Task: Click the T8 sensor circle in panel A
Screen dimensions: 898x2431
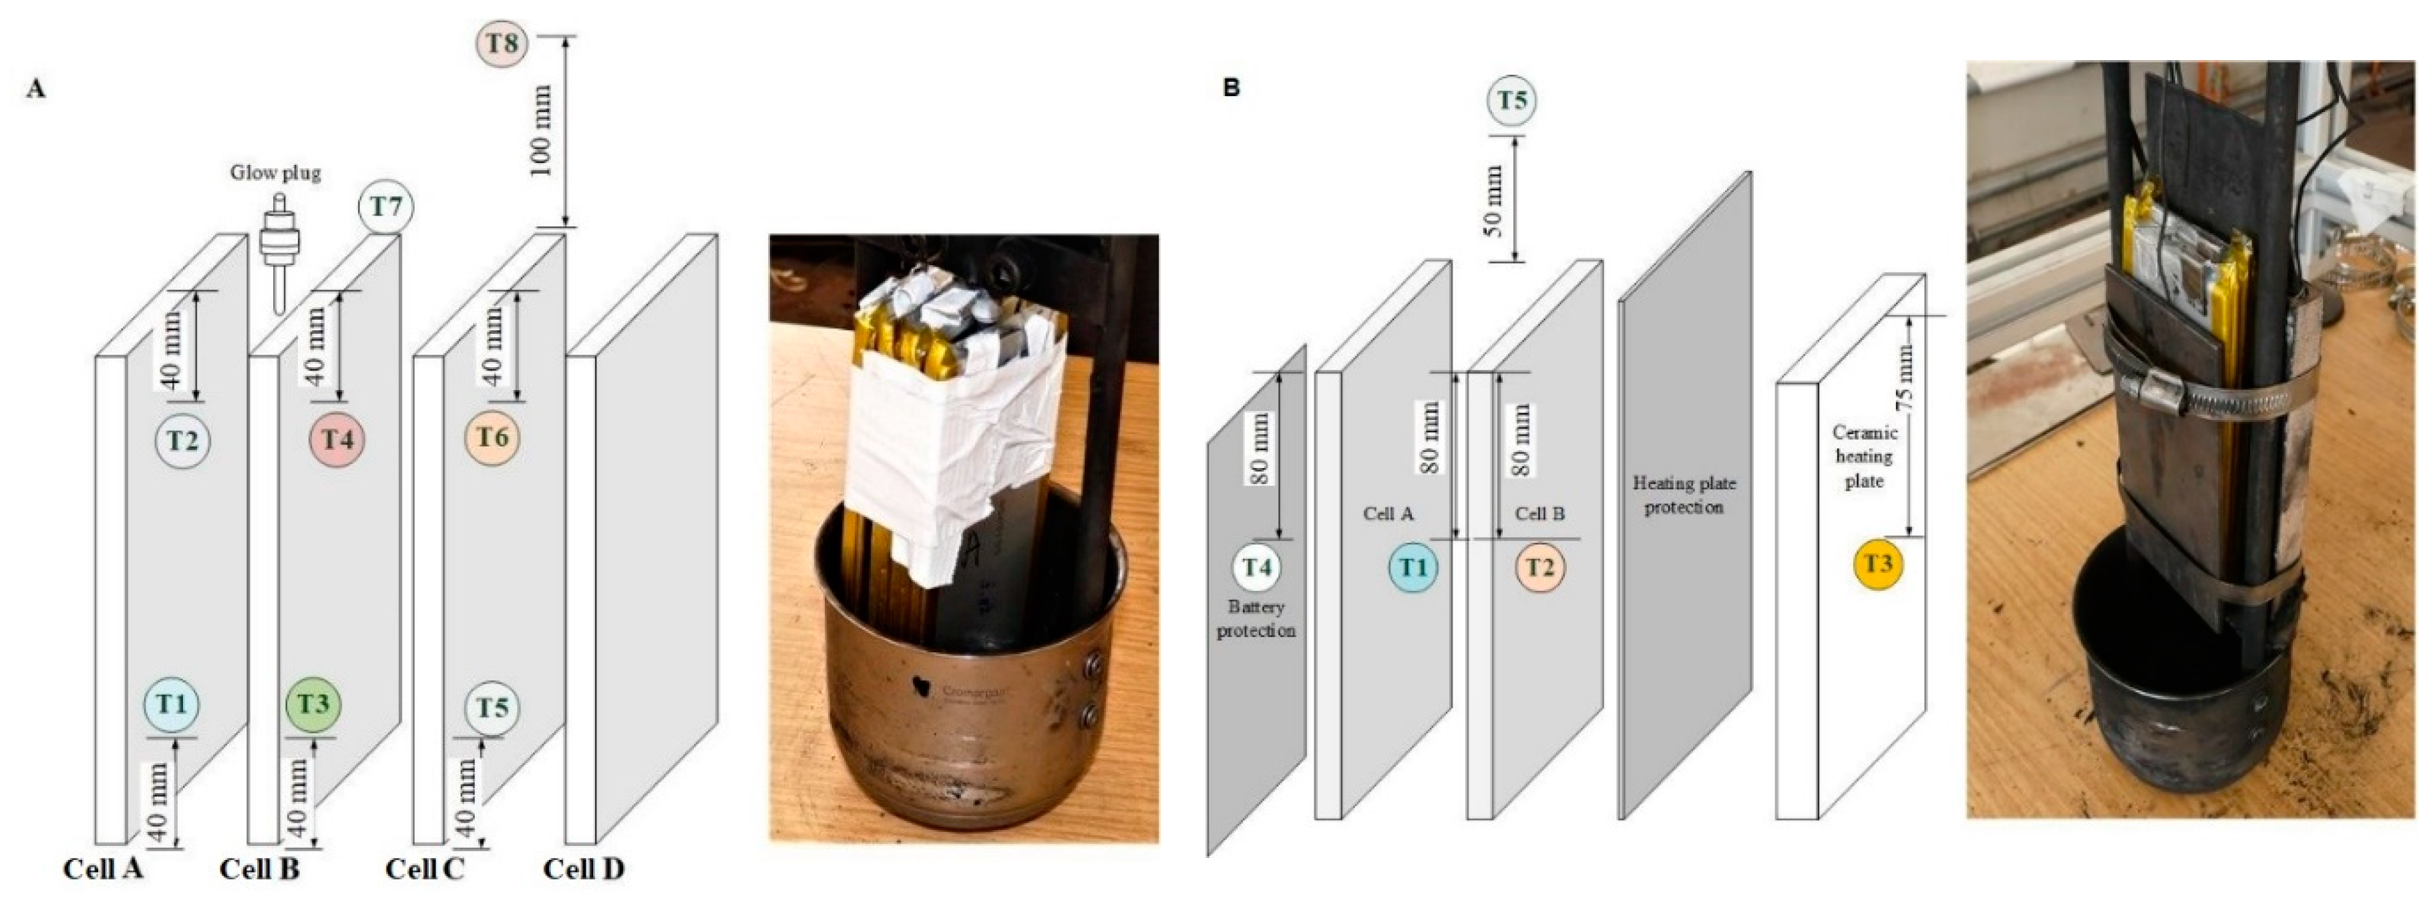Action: (x=500, y=43)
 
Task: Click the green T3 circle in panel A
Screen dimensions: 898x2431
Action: (x=313, y=704)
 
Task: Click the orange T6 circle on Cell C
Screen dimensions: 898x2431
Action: (x=492, y=438)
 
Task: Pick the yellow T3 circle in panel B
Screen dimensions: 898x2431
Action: (x=1878, y=564)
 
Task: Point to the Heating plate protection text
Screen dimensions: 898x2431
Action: (x=1684, y=495)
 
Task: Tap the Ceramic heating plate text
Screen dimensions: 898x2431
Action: (x=1865, y=457)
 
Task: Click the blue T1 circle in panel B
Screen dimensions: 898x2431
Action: (x=1412, y=567)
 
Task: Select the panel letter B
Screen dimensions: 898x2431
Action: (x=1231, y=87)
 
